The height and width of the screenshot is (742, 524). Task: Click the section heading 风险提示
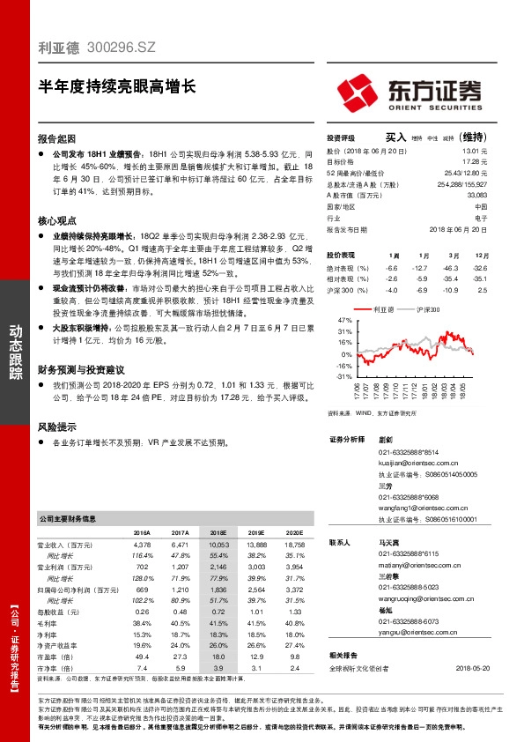tap(57, 426)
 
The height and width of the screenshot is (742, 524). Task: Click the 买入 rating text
tap(395, 137)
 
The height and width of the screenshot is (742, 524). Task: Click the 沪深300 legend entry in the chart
tap(427, 310)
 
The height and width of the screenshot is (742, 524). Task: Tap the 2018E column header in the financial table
tap(218, 533)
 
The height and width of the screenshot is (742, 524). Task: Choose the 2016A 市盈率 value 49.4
tap(141, 657)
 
